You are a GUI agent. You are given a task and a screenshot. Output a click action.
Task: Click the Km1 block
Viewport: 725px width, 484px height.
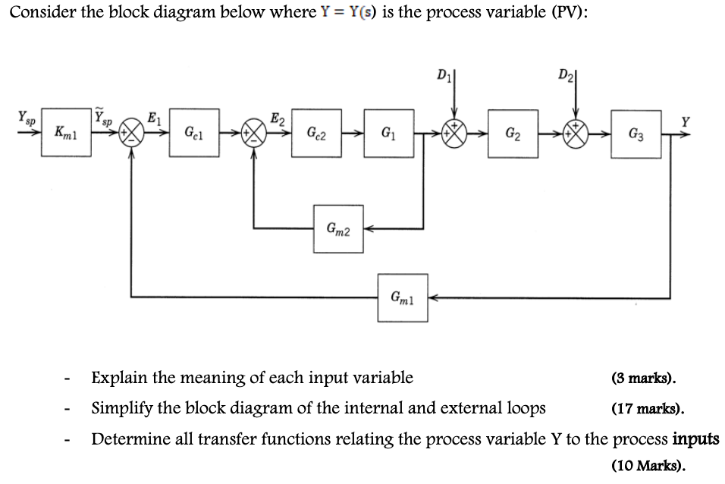click(65, 134)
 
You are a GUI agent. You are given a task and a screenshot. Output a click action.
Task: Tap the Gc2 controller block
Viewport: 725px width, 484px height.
click(317, 134)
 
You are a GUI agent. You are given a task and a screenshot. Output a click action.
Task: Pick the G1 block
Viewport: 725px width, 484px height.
click(388, 134)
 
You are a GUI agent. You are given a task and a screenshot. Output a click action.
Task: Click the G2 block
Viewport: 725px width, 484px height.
click(513, 134)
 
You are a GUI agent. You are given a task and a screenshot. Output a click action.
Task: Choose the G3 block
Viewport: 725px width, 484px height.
click(636, 134)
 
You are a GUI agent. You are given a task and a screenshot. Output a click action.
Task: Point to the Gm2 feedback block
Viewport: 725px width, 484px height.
click(338, 228)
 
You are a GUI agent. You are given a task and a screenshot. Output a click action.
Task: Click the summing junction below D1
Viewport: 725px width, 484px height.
click(453, 134)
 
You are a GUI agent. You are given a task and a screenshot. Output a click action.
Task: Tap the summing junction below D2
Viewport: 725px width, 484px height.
click(575, 134)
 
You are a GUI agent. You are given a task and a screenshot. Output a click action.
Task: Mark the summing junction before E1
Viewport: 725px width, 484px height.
click(133, 134)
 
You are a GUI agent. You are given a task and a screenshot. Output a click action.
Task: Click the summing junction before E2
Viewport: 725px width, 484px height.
click(253, 134)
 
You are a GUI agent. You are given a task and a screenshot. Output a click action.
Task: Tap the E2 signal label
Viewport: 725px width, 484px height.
click(278, 118)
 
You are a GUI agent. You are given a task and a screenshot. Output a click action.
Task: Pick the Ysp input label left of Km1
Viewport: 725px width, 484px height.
click(25, 119)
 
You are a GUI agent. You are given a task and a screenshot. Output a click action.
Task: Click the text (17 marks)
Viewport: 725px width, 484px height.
click(648, 410)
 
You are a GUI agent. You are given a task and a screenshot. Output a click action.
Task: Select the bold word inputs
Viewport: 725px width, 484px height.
click(695, 439)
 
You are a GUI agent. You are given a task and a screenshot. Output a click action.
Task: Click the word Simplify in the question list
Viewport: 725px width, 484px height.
click(119, 409)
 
